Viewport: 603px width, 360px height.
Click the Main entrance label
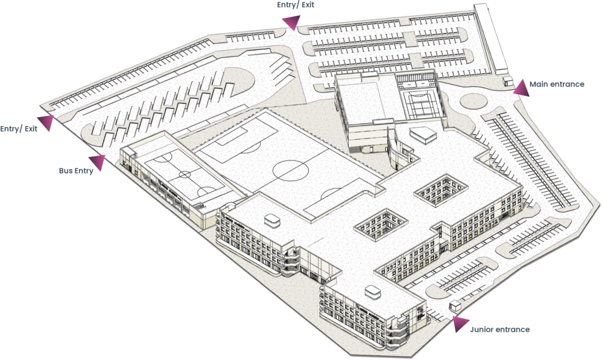tap(556, 84)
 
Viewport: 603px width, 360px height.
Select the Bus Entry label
tap(76, 171)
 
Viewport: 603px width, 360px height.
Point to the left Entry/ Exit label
tap(19, 128)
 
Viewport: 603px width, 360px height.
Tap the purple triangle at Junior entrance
tap(460, 323)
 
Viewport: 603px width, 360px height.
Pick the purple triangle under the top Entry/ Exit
tap(290, 23)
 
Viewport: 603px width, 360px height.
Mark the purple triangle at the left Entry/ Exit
tap(46, 123)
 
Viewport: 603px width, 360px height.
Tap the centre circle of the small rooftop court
tap(184, 174)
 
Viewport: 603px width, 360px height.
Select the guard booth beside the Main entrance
tap(508, 82)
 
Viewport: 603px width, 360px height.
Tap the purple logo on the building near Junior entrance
tap(420, 311)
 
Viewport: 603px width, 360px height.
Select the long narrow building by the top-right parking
tap(491, 39)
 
